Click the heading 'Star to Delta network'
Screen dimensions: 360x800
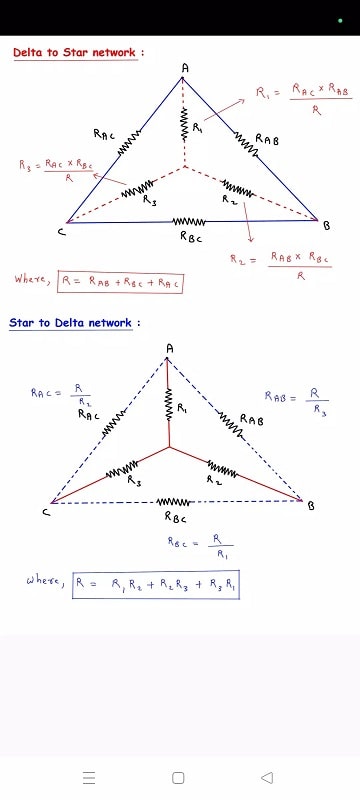74,323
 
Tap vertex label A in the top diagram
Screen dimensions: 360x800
184,67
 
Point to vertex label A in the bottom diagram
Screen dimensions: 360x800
169,347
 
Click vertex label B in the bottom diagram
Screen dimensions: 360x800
311,506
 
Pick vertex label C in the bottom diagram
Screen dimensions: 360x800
46,513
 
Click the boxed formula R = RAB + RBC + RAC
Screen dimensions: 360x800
121,282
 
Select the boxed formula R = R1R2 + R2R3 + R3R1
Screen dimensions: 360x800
156,584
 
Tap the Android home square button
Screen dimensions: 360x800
179,777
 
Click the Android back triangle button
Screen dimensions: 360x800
267,777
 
